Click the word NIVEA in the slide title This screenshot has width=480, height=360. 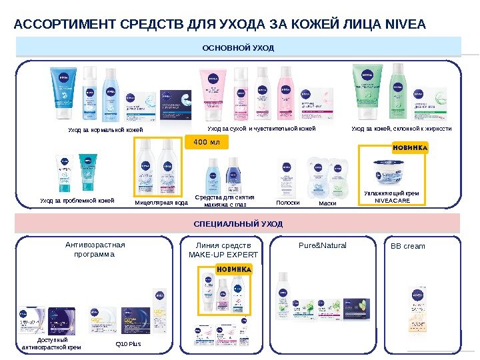[405, 25]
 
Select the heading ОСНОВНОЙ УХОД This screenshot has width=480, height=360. [238, 48]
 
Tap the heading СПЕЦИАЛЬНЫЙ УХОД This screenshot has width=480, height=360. [238, 223]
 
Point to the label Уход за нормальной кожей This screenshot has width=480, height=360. [105, 129]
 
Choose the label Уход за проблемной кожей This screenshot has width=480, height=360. [77, 200]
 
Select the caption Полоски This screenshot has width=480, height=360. [287, 202]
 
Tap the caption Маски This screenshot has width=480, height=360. [327, 202]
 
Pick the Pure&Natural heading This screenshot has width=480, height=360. [324, 245]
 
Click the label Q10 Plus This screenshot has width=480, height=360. [123, 345]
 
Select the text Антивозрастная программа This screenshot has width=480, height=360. [95, 249]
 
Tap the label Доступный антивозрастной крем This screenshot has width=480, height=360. [52, 343]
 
